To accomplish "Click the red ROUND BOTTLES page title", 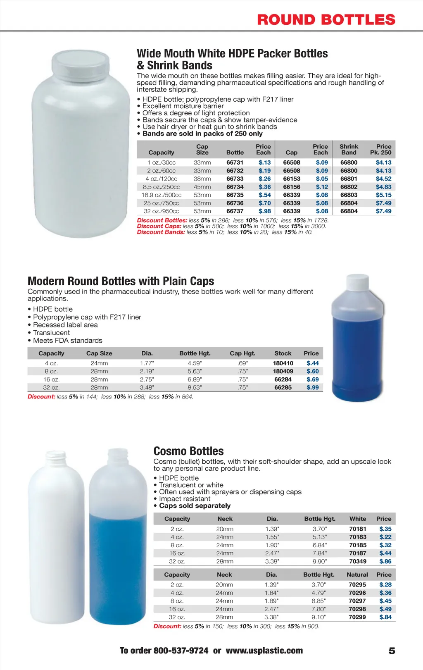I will tap(326, 19).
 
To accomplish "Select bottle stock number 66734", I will tap(235, 187).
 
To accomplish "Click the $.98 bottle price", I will tap(265, 211).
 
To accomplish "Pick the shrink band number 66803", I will tap(349, 195).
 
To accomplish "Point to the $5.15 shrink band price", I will tap(383, 195).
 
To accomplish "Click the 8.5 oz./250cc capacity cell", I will tap(161, 187).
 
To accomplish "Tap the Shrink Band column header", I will tap(349, 149).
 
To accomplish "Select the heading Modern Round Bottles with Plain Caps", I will tap(121, 281).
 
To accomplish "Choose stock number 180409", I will tap(283, 371).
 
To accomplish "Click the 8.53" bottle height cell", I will tap(195, 388).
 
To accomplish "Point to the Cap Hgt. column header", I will tap(242, 353).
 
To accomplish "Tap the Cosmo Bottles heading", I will tap(188, 451).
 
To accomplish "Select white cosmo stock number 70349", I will tap(357, 561).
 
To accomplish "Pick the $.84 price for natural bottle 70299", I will tap(385, 617).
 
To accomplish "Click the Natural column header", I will tap(357, 575).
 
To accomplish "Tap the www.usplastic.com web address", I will tap(264, 651).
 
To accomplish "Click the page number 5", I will tap(392, 651).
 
